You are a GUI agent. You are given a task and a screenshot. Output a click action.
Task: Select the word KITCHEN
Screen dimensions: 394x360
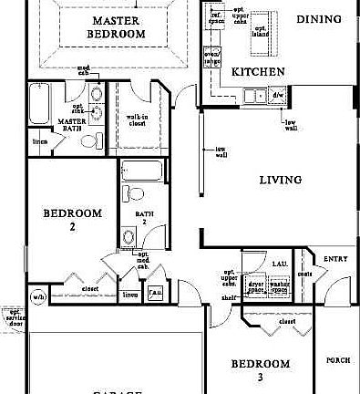pyautogui.click(x=233, y=70)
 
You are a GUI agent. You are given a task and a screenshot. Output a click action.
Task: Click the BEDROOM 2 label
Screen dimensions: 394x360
pyautogui.click(x=72, y=220)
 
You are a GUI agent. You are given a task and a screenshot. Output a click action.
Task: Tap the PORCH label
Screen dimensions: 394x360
pyautogui.click(x=338, y=360)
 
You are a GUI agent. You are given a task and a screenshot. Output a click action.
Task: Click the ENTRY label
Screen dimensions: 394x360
pyautogui.click(x=336, y=259)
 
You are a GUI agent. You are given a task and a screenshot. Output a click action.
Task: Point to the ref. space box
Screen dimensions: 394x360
pyautogui.click(x=217, y=17)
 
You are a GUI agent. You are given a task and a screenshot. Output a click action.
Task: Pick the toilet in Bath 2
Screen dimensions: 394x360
pyautogui.click(x=133, y=193)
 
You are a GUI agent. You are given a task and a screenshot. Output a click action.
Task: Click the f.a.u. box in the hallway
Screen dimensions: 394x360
pyautogui.click(x=156, y=293)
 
